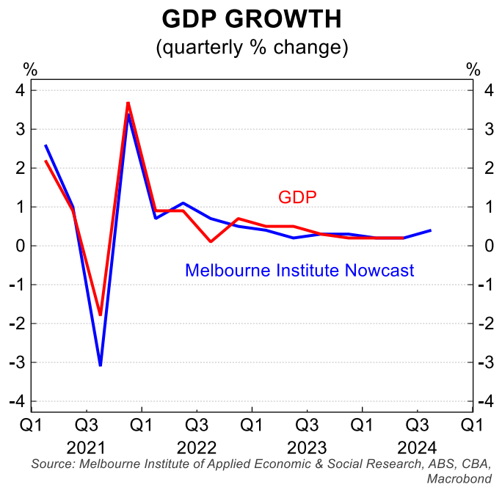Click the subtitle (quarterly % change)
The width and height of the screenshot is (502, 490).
click(251, 48)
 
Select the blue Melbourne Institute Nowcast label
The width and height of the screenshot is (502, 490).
click(299, 271)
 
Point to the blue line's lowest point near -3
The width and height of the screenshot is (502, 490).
click(101, 365)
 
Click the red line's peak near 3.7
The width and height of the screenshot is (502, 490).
click(128, 103)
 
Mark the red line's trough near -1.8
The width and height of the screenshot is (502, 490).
click(101, 315)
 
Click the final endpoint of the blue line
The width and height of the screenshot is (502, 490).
click(430, 230)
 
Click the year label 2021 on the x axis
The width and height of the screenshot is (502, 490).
click(87, 447)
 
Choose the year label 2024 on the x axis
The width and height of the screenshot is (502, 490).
click(417, 447)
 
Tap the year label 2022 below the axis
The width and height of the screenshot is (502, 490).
click(197, 447)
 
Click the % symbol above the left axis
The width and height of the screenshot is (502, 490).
click(29, 70)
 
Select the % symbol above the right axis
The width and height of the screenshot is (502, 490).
click(473, 70)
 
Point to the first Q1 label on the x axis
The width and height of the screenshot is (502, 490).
click(32, 425)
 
